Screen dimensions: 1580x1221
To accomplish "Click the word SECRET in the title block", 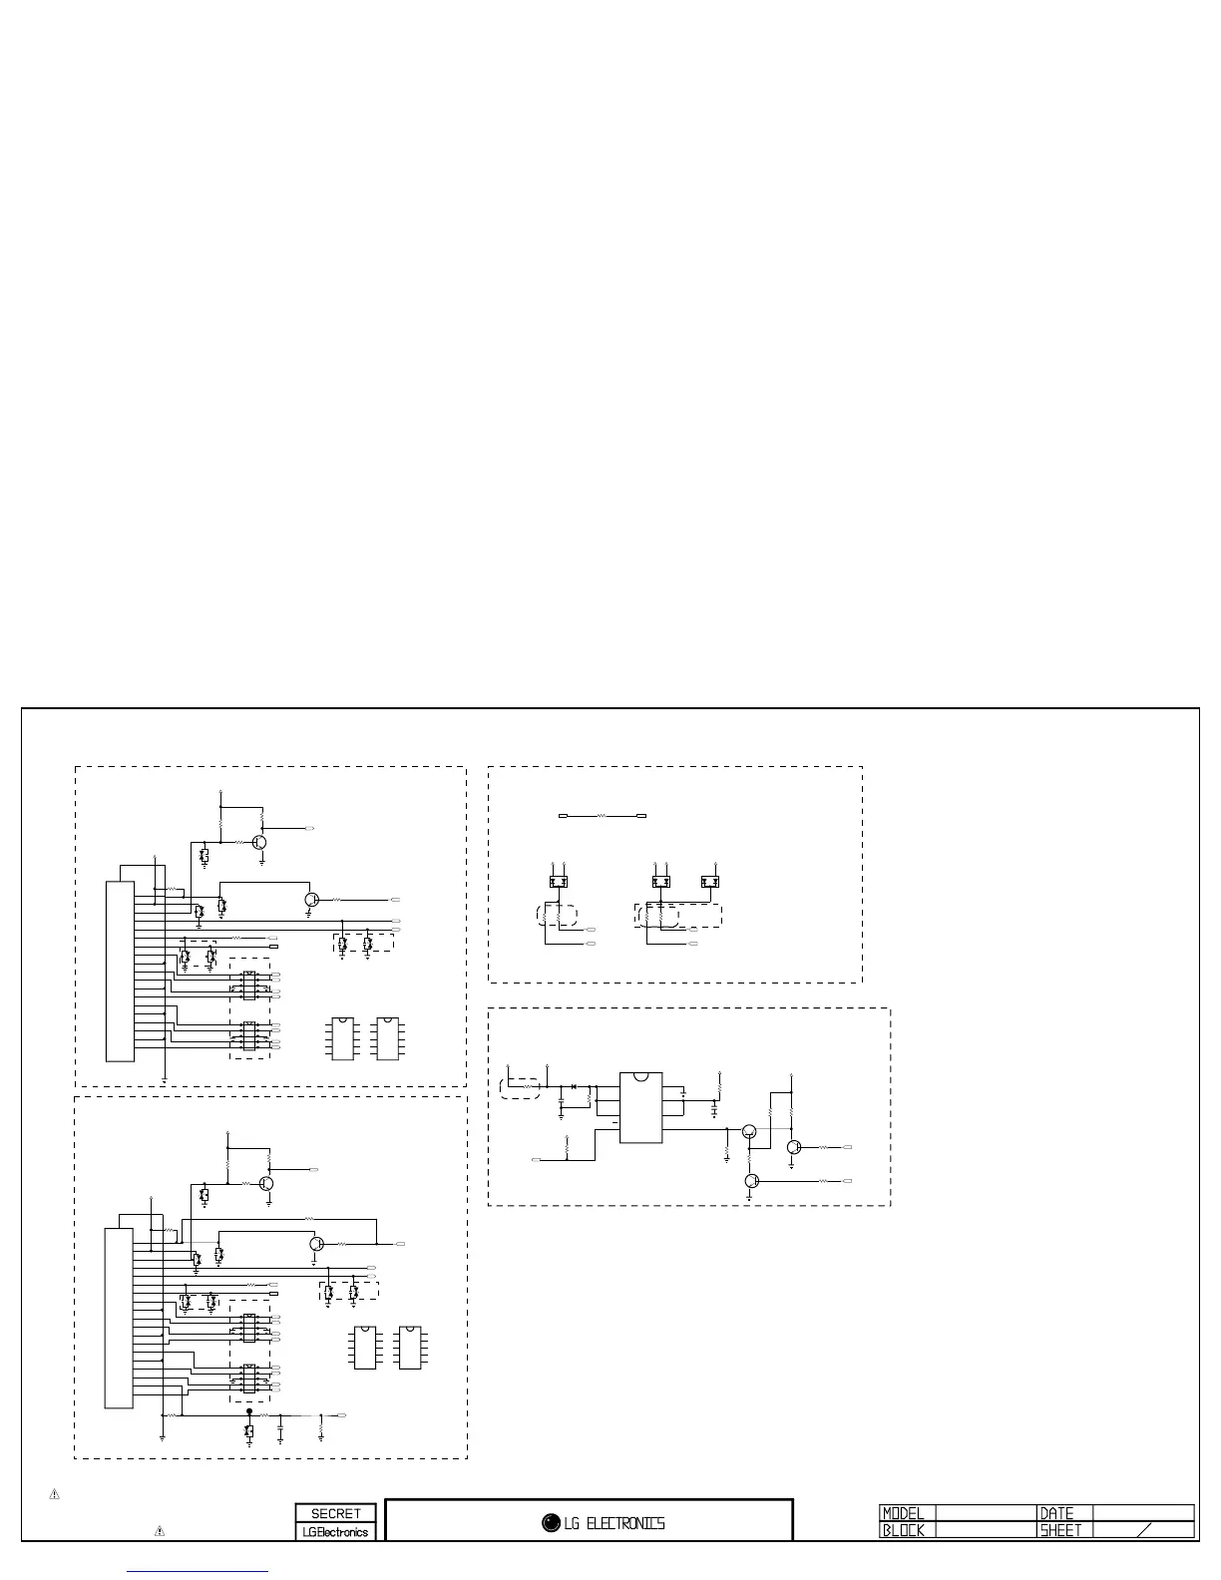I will (x=335, y=1513).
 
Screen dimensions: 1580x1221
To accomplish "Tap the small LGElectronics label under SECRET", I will (x=335, y=1532).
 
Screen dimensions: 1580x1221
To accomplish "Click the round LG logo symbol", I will (x=551, y=1522).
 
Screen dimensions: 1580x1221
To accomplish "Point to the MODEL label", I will (x=904, y=1513).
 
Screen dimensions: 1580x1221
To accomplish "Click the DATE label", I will (x=1056, y=1513).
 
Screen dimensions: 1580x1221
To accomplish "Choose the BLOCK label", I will (x=904, y=1530).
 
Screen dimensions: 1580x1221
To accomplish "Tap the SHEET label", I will (x=1061, y=1530).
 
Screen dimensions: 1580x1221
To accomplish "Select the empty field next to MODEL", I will (x=984, y=1513).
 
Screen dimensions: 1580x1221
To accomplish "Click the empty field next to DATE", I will (x=1143, y=1513).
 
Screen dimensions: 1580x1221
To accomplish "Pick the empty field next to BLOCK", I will (x=984, y=1530).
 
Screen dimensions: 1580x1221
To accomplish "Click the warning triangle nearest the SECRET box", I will (x=159, y=1530).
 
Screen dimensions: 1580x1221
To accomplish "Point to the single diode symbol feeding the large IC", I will (x=575, y=1085).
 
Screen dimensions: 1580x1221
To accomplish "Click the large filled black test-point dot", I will (x=249, y=1411).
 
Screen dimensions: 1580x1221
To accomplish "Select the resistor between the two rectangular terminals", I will (x=602, y=816).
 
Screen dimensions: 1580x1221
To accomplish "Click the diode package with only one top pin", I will (x=710, y=882).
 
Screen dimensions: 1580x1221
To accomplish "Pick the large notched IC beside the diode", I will (x=640, y=1107).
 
